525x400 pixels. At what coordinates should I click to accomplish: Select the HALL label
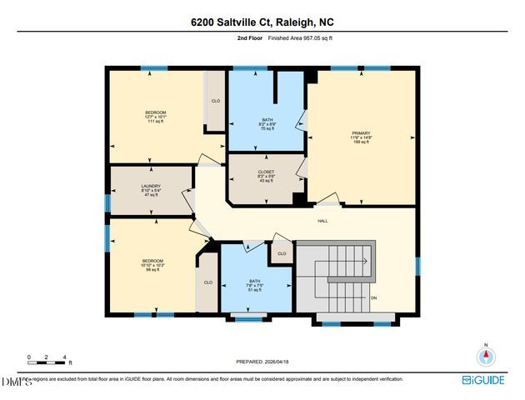pos(322,221)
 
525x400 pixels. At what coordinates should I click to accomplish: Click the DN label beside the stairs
pos(374,297)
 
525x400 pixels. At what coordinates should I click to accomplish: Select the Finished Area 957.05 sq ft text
pos(301,38)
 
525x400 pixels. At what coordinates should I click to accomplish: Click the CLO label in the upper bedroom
pos(215,101)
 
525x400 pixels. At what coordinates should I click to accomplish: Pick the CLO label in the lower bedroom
pos(208,282)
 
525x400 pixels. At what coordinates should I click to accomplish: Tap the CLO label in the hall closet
pos(282,253)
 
